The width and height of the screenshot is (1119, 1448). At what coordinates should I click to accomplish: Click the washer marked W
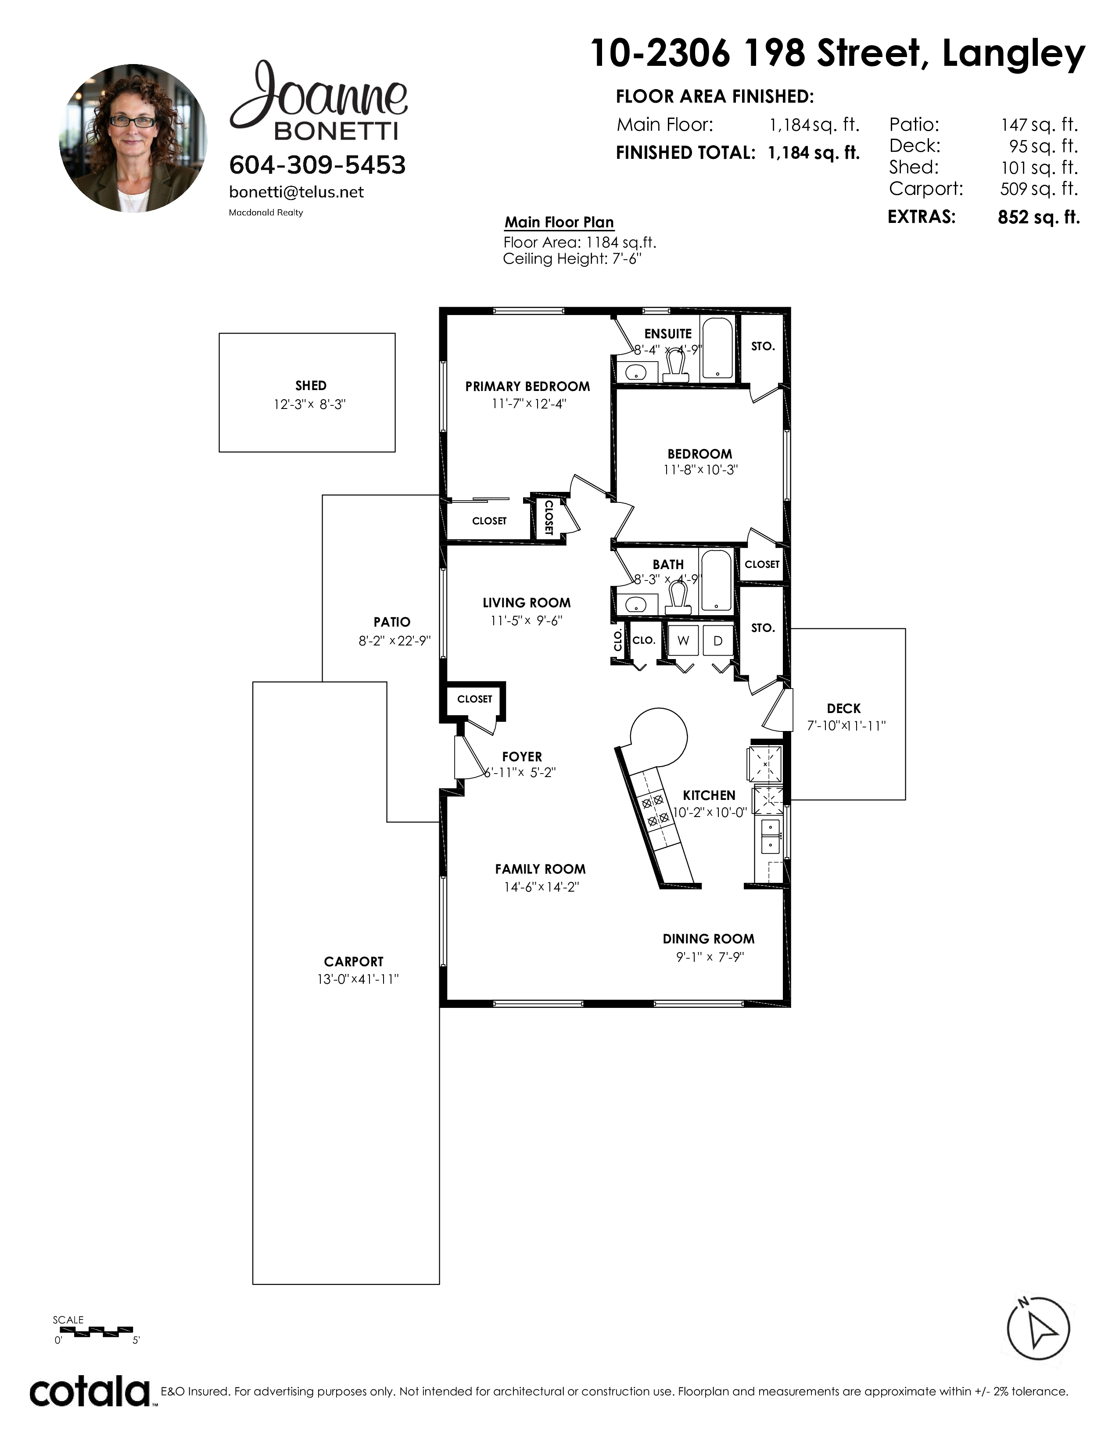(683, 641)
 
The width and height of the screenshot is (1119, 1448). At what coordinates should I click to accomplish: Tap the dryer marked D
(718, 641)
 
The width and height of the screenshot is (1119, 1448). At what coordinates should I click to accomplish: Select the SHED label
(311, 385)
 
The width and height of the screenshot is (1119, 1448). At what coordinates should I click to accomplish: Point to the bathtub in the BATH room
(717, 580)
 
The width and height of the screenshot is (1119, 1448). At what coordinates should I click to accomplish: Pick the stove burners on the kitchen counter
(654, 810)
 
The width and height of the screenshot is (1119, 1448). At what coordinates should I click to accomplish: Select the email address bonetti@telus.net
(296, 192)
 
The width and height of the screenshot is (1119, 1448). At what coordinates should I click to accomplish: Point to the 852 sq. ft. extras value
(1039, 218)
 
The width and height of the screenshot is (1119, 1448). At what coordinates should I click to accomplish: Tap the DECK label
(844, 708)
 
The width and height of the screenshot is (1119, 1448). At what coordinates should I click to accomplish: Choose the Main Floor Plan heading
(559, 222)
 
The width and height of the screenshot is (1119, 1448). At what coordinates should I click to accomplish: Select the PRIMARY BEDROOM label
(527, 387)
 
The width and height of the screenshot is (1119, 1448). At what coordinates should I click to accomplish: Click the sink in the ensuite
(636, 373)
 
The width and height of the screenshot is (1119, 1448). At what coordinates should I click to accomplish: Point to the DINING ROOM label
(709, 939)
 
